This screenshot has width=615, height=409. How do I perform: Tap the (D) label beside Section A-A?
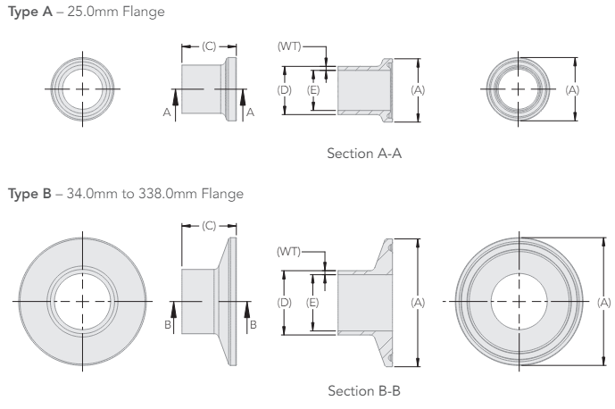(283, 89)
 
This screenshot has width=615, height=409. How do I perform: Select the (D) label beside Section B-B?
(283, 303)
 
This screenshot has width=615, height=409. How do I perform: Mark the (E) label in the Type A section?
(313, 89)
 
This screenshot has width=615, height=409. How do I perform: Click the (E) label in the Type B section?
(313, 303)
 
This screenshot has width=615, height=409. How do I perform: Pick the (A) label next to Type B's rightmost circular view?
(603, 303)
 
